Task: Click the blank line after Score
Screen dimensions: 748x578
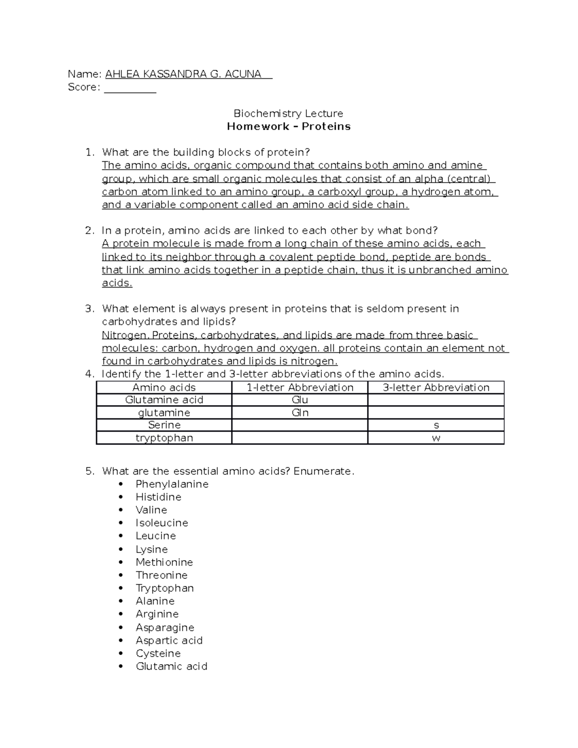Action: click(130, 88)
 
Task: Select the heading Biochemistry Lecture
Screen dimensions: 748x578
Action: click(288, 114)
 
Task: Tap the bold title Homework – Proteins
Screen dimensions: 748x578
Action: click(288, 127)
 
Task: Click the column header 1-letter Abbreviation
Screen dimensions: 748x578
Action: click(300, 387)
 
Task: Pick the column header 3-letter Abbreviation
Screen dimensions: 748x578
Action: click(435, 387)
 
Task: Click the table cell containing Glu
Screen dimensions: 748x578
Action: click(300, 400)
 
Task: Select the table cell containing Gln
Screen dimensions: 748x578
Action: click(300, 413)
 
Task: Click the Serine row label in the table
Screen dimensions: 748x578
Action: click(164, 425)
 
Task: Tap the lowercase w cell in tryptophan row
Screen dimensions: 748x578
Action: click(435, 438)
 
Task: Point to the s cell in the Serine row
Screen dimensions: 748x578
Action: click(435, 426)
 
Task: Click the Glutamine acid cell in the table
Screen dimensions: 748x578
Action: click(164, 400)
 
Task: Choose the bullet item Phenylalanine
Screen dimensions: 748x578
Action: click(172, 484)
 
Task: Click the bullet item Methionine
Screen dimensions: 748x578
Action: click(164, 562)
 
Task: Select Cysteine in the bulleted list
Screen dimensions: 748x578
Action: click(158, 653)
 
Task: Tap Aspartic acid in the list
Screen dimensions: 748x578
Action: click(169, 640)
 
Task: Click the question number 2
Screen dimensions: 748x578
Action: click(89, 231)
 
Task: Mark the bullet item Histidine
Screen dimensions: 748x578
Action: click(158, 497)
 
